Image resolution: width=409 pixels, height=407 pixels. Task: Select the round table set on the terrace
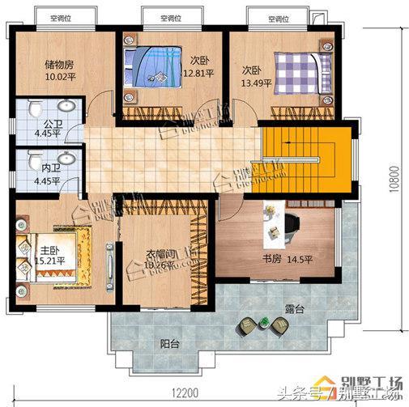point(262,325)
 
